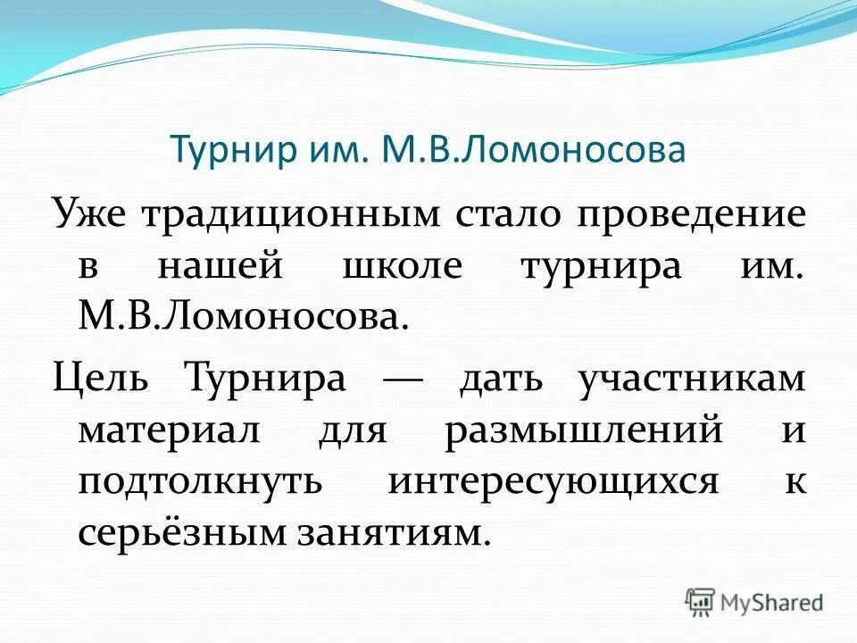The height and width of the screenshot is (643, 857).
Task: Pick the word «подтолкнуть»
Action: click(x=200, y=483)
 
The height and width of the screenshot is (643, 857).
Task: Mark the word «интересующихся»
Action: click(x=553, y=483)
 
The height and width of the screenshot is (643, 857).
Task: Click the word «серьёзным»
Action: click(x=174, y=535)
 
